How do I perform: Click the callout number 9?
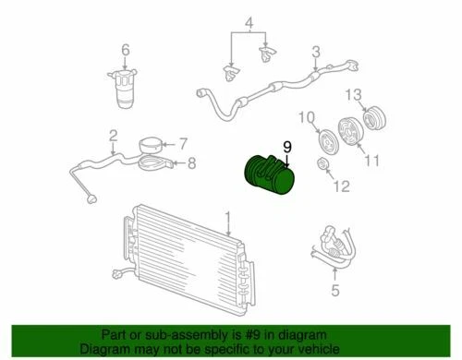[x=286, y=147]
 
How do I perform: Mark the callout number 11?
[x=372, y=162]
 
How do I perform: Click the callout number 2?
[x=113, y=138]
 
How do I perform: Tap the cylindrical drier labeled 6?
[x=126, y=90]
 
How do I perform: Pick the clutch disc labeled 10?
[x=326, y=139]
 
